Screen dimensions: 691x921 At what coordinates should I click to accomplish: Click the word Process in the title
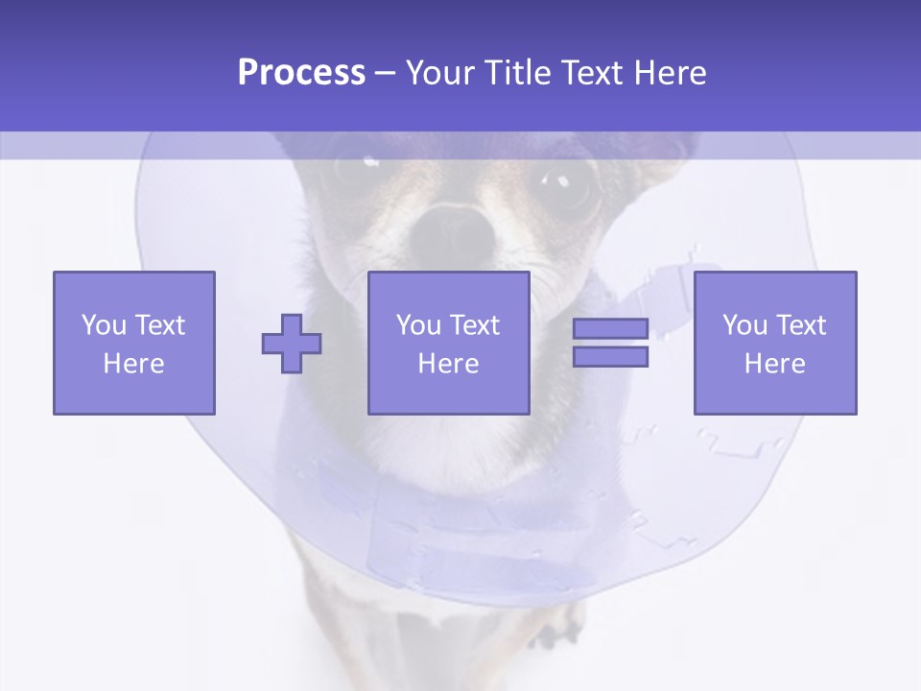click(301, 73)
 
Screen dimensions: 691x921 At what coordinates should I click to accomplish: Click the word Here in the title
click(667, 73)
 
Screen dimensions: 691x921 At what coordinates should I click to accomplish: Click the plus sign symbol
click(292, 343)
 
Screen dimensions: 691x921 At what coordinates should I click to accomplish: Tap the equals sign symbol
click(610, 343)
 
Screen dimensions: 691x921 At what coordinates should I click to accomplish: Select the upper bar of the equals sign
click(610, 328)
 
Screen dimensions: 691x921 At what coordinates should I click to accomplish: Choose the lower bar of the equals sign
click(610, 357)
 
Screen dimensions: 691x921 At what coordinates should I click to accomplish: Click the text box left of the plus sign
click(134, 343)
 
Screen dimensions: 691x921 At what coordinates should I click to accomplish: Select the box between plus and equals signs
click(449, 343)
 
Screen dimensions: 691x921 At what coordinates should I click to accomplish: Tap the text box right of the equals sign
click(775, 343)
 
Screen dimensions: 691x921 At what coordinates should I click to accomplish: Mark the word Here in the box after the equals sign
click(775, 364)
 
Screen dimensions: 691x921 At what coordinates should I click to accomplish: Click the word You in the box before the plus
click(104, 325)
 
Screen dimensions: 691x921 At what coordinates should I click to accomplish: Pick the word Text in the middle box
click(474, 325)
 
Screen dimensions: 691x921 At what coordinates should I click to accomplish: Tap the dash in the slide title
click(386, 73)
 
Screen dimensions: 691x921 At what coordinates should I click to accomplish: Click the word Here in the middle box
click(449, 364)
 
